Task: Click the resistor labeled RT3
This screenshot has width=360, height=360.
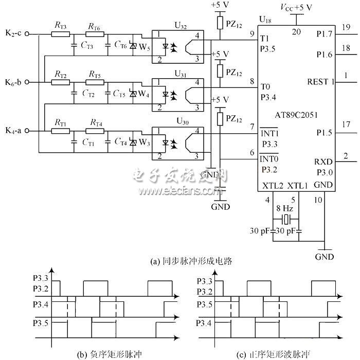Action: coord(61,34)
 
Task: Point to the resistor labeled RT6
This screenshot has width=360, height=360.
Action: coord(94,34)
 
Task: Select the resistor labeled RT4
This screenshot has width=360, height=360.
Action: coord(94,131)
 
